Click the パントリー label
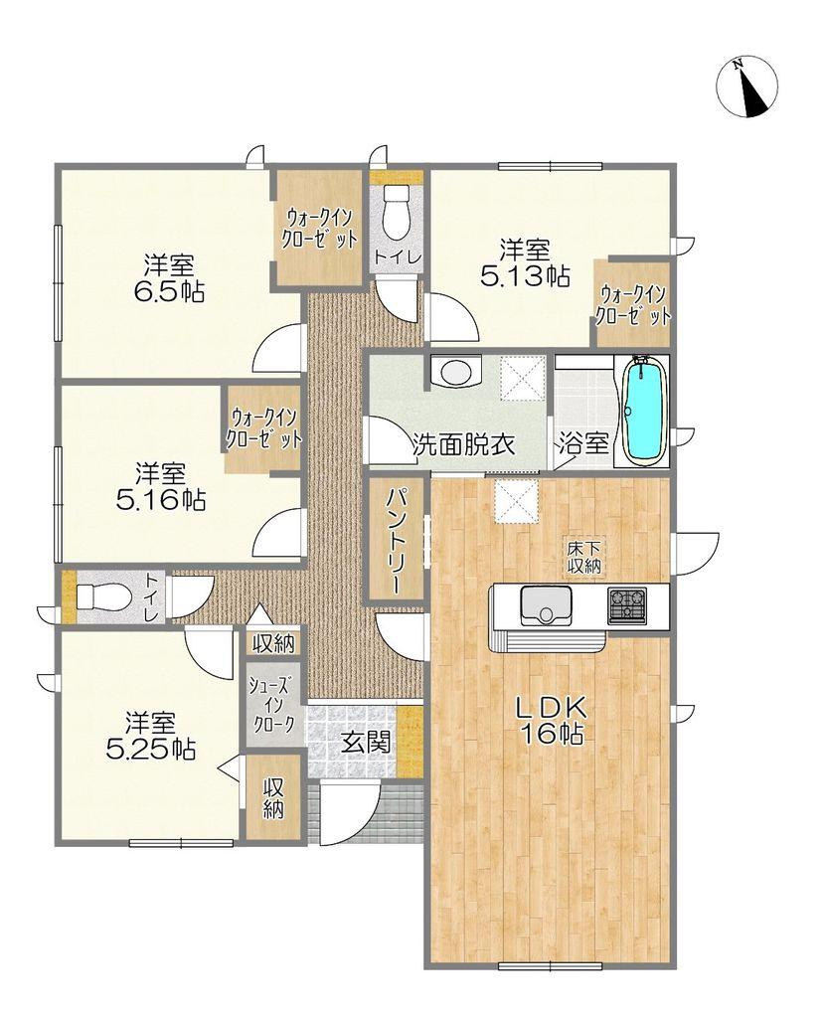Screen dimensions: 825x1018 (395, 542)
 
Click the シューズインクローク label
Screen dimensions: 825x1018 (274, 703)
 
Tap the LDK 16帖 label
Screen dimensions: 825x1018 (551, 720)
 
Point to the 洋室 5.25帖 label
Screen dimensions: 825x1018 (151, 736)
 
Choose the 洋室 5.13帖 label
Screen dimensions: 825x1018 (525, 262)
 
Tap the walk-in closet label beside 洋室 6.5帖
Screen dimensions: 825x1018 (319, 230)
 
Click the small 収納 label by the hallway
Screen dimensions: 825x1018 (274, 643)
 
